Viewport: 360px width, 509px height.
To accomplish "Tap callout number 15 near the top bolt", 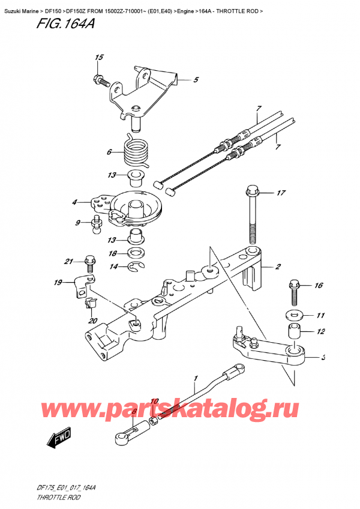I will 99,58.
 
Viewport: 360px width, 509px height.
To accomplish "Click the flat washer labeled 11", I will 295,315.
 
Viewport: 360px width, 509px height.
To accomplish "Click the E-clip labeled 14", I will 137,267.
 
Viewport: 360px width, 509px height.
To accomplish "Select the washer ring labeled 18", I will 137,253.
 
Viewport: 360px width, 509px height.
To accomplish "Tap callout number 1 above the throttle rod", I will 194,379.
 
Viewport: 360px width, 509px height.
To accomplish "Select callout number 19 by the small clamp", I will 58,282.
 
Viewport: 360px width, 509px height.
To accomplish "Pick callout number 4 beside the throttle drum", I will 75,202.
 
